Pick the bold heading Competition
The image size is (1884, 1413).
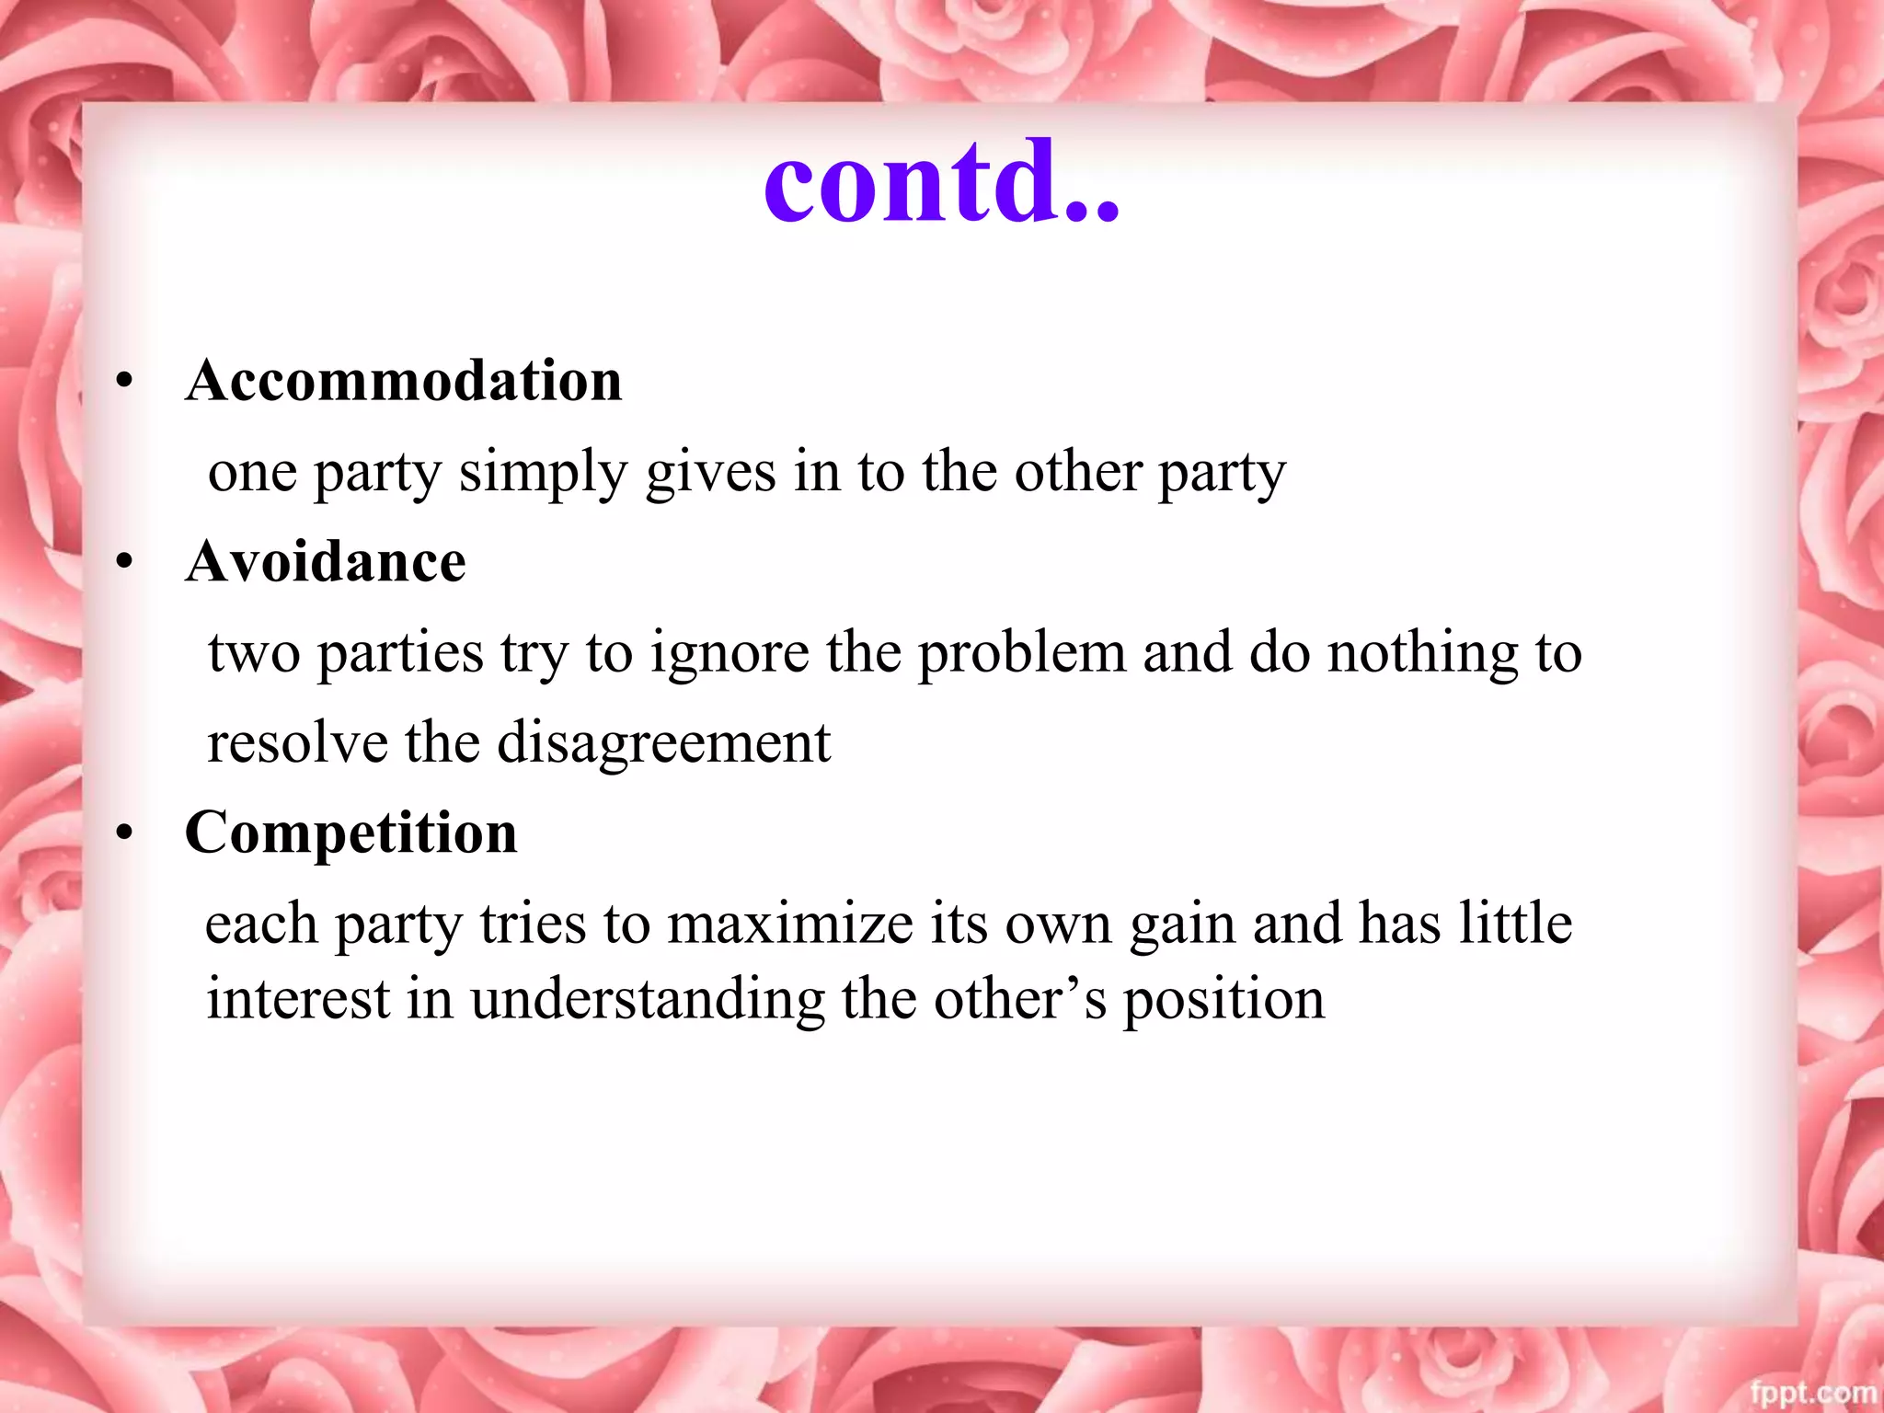coord(350,833)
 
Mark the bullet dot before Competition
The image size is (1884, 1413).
coord(125,833)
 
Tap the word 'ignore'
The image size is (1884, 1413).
coord(729,654)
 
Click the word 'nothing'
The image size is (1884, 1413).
coord(1423,654)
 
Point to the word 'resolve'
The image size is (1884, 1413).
coord(297,742)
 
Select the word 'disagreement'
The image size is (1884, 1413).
coord(663,744)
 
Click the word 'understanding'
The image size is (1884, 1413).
coord(648,1000)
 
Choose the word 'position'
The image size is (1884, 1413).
coord(1223,1000)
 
